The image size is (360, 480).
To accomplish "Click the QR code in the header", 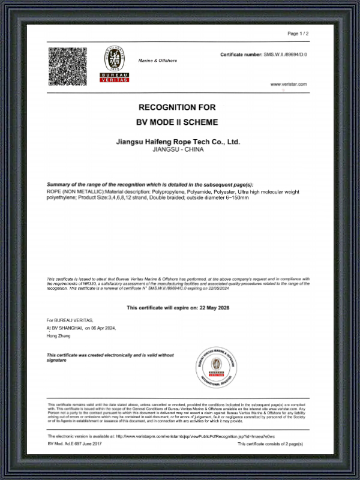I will pyautogui.click(x=68, y=66).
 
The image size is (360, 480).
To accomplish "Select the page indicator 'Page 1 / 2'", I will pyautogui.click(x=298, y=34).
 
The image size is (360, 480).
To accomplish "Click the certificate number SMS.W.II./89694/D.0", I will pyautogui.click(x=286, y=55).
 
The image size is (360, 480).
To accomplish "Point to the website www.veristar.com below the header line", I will pyautogui.click(x=289, y=85).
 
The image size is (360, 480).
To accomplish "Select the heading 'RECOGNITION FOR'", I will pyautogui.click(x=177, y=107).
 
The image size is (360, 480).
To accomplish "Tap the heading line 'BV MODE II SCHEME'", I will pyautogui.click(x=177, y=122).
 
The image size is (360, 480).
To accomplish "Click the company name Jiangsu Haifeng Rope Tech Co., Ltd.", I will pyautogui.click(x=177, y=142).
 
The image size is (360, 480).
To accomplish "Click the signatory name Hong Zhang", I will pyautogui.click(x=58, y=336).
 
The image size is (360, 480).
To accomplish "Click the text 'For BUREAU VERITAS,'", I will pyautogui.click(x=70, y=321).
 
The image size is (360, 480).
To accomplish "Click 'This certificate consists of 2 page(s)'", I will pyautogui.click(x=270, y=443).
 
